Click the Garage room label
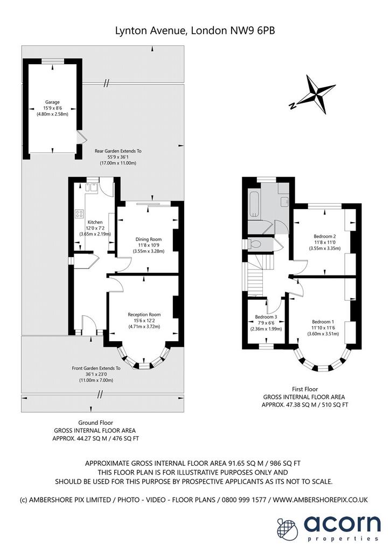(52, 102)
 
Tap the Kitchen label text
(95, 222)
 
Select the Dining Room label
(148, 239)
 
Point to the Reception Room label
(144, 315)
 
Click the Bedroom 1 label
(323, 322)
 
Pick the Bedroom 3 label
(266, 317)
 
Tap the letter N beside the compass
(291, 106)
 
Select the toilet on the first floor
(254, 244)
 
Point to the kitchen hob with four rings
(79, 213)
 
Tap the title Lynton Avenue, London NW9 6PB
(195, 31)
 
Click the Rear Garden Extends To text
(118, 151)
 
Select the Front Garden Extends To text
(96, 368)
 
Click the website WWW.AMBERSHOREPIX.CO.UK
(321, 500)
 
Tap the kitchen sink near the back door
(93, 187)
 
